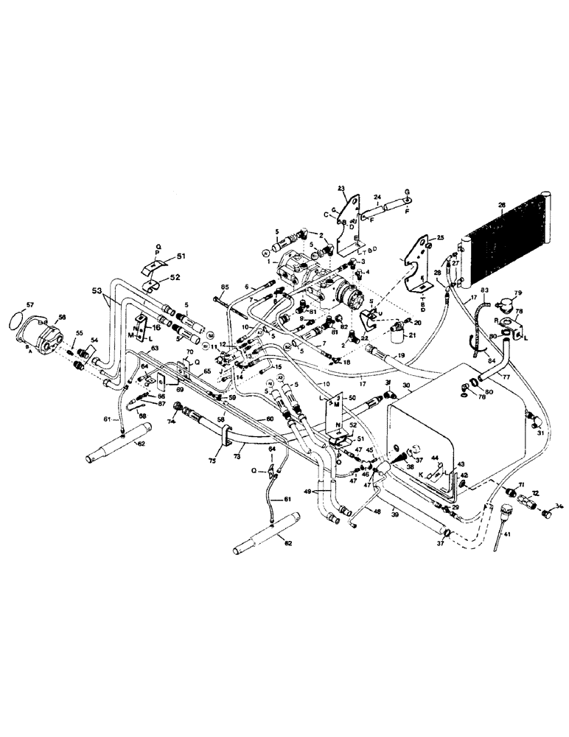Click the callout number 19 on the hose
[x=401, y=356]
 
